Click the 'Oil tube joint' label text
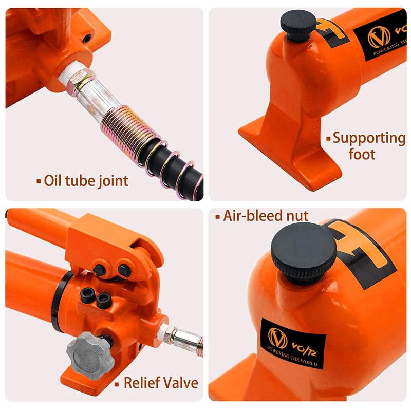pos(86,180)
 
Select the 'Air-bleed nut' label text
pos(265,216)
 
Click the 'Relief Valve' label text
pos(160,382)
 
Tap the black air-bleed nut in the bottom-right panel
pos(304,251)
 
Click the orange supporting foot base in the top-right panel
pos(288,149)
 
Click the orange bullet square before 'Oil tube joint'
pos(38,181)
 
